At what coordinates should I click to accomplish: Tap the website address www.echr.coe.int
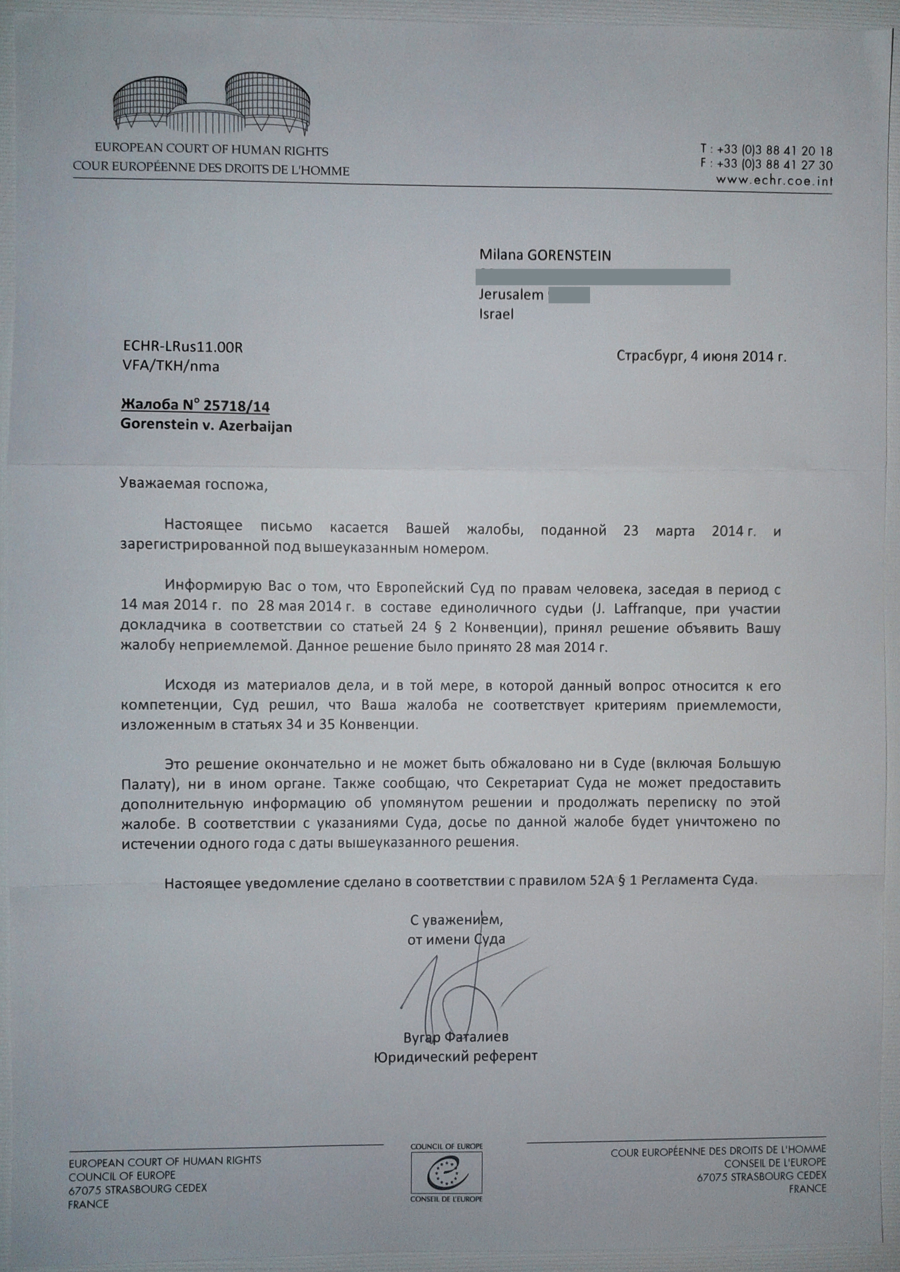pos(774,180)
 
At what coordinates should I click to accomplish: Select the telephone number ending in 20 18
pos(774,150)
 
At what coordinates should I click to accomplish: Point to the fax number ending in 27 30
pos(774,165)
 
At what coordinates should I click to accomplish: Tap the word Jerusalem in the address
pos(511,295)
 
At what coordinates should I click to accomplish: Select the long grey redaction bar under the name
pos(604,275)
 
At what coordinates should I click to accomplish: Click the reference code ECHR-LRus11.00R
pos(183,348)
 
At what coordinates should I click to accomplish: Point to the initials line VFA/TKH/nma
pos(171,366)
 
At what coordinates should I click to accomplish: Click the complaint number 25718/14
pos(236,406)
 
